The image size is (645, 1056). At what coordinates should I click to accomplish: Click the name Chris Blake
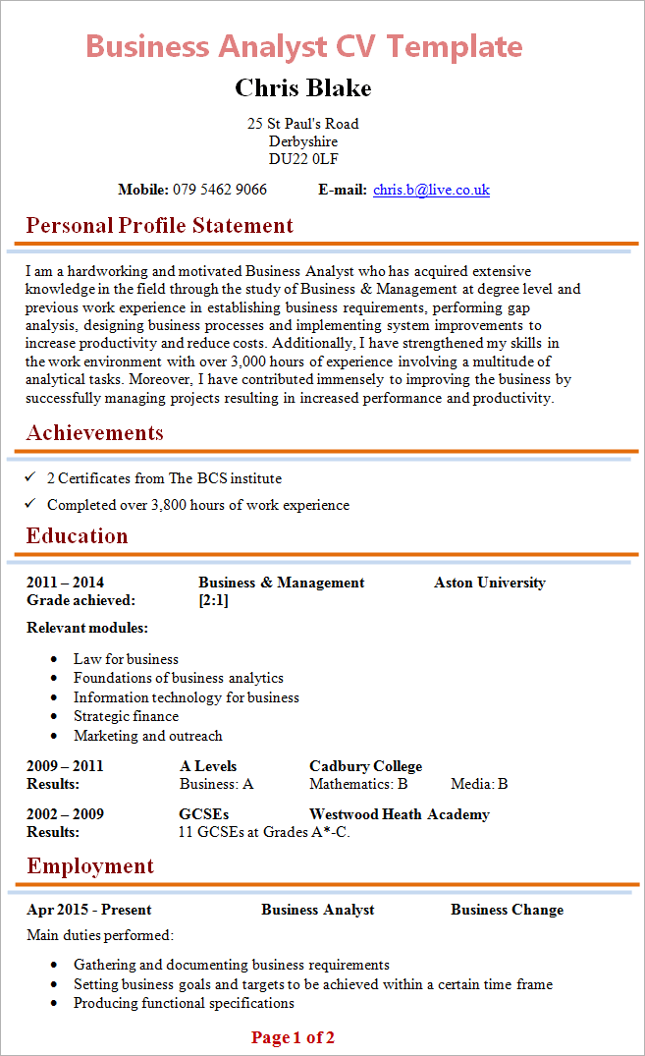coord(302,88)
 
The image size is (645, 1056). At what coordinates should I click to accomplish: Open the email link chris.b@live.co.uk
coord(431,190)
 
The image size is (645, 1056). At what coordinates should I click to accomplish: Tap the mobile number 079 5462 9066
coord(220,190)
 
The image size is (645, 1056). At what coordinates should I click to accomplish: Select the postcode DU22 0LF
coord(303,159)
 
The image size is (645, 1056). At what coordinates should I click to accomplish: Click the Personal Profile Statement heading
coord(159,226)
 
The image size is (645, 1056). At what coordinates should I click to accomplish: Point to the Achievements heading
coord(94,433)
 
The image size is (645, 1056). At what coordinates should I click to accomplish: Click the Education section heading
coord(77,536)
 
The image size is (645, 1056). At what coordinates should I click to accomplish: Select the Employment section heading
coord(89,866)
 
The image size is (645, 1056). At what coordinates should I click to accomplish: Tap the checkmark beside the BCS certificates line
coord(30,477)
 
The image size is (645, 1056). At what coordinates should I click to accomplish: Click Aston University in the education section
coord(489,583)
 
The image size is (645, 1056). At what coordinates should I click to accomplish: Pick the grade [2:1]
coord(213,600)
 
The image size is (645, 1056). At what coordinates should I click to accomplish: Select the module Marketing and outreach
coord(147,736)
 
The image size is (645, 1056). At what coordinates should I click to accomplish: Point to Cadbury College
coord(365,766)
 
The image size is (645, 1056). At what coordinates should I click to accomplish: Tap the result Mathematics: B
coord(357,784)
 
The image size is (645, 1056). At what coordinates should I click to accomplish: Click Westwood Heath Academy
coord(399,814)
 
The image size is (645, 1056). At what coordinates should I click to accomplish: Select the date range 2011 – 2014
coord(65,583)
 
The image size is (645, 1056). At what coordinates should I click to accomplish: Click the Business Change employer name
coord(507,910)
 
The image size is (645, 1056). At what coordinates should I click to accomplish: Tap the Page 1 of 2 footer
coord(293,1037)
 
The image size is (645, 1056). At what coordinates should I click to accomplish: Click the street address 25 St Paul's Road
coord(302,124)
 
